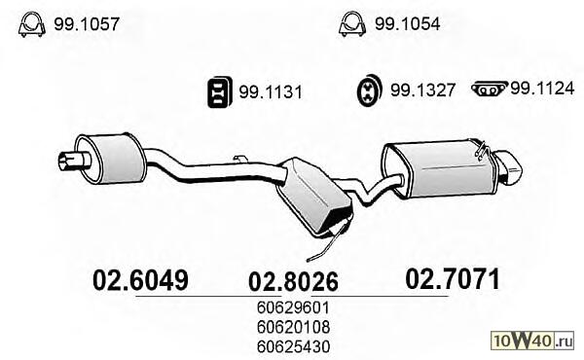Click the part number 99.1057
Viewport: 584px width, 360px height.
coord(87,24)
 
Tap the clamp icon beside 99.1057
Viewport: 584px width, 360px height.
coord(32,24)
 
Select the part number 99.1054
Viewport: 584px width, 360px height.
coord(408,23)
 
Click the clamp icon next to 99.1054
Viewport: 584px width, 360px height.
coord(352,24)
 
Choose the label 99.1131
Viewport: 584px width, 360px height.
coord(271,92)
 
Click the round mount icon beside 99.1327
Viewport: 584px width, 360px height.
coord(370,90)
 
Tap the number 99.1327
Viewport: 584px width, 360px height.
coord(422,90)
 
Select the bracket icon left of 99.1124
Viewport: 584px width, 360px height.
coord(489,89)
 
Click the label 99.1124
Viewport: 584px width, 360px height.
coord(542,89)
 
